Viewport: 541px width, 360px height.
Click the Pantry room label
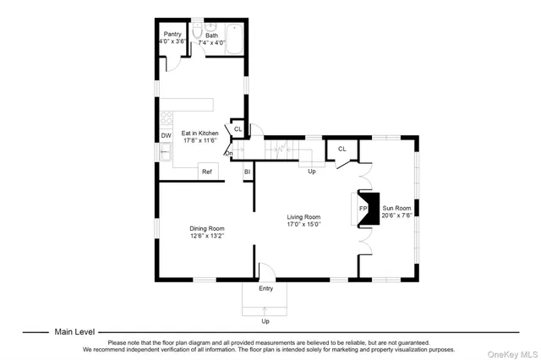172,35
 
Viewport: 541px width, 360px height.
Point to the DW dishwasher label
166,135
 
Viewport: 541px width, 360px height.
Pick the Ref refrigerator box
205,172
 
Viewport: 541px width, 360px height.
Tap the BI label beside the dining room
247,172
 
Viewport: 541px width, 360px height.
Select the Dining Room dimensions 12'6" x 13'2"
206,236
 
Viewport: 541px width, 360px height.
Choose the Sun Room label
396,207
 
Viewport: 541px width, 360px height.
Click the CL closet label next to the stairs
342,149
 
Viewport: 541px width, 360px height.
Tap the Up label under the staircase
311,172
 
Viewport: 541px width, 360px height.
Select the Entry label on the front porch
265,289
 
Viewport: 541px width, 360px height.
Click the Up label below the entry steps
265,321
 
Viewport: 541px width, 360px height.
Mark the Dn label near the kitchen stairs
228,153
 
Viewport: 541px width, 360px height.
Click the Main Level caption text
75,332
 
